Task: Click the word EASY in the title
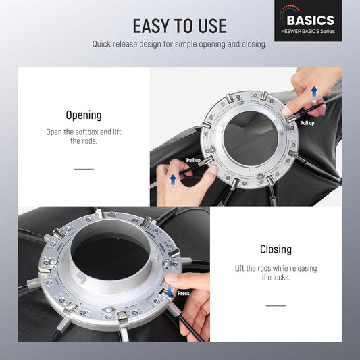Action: (x=152, y=26)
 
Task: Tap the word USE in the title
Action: (x=213, y=26)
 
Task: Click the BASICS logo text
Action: (x=311, y=20)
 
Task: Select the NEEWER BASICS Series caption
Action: (x=308, y=31)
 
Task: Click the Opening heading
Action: (x=84, y=115)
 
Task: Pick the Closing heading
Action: (x=276, y=249)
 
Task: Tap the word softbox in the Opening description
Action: (x=86, y=132)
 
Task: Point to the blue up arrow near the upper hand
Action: (x=314, y=94)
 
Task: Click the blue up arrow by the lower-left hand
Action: (x=173, y=182)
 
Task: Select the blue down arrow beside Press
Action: (x=170, y=291)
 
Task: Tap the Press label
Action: (x=184, y=293)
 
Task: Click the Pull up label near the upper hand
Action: (x=307, y=123)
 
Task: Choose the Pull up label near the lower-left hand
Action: (x=193, y=160)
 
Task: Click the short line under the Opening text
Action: (x=84, y=170)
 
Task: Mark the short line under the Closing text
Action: (x=276, y=305)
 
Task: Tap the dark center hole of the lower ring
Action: (x=110, y=257)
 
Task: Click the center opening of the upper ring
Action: (x=251, y=138)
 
